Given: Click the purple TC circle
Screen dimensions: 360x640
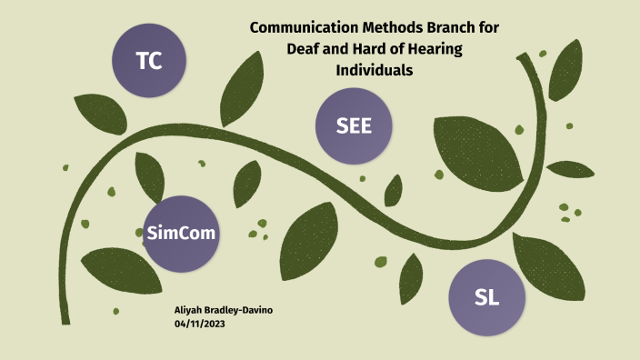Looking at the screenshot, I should coord(149,61).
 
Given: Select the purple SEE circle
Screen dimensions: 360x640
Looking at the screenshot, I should coord(354,127).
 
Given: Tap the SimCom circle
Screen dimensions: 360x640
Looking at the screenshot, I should coord(182,234).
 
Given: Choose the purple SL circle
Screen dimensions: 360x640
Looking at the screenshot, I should coord(487,296).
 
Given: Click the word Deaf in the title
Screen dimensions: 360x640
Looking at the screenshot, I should coord(304,49).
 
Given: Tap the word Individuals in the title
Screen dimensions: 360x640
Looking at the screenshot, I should coord(375,70).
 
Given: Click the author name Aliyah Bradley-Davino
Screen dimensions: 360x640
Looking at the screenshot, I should coord(223,311).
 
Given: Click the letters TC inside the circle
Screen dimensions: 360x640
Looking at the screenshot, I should coord(149,61).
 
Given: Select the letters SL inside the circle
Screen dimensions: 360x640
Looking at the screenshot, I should coord(487,296).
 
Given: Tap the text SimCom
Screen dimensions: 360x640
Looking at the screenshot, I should coord(182,234).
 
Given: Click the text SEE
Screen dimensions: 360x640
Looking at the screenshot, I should coord(354,127).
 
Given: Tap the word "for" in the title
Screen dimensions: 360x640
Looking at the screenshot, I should coord(488,28).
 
